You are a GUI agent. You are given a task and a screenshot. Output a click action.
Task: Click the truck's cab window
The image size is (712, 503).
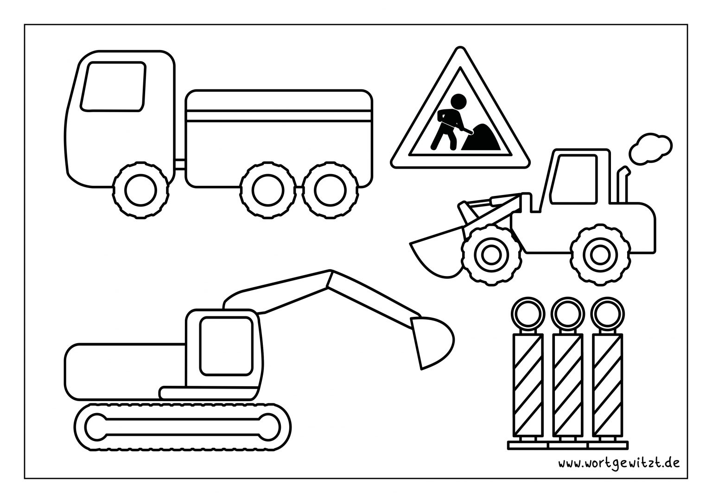coord(113,87)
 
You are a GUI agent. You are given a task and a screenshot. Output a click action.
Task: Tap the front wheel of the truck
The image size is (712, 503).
coord(140,189)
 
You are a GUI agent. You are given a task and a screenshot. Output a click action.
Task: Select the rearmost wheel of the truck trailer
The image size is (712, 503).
coord(330,189)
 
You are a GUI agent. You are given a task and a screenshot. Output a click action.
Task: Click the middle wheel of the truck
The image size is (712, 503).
coord(268,189)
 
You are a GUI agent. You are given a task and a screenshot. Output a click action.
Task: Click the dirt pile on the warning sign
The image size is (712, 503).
coord(482,140)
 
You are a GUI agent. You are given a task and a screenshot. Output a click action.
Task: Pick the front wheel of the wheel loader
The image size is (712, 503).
coord(490,253)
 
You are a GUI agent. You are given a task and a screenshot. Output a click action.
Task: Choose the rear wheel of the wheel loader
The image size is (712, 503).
coord(598,253)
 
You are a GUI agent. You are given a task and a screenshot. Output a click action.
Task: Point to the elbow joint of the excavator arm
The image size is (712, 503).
coord(331,279)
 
